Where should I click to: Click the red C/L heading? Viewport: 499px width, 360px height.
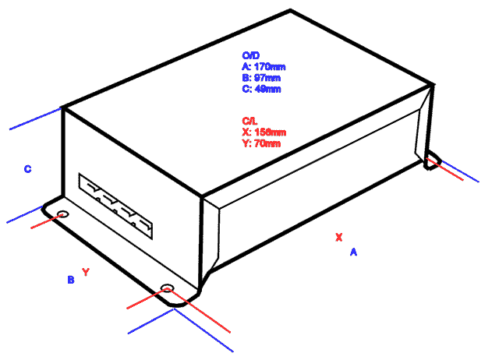pos(249,121)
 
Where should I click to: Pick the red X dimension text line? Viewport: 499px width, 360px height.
pos(264,132)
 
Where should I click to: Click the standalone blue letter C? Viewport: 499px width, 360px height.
pos(27,168)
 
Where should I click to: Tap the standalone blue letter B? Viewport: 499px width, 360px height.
pos(70,279)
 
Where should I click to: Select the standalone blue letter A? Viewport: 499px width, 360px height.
pos(352,252)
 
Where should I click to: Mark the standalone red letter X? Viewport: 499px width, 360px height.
pos(338,237)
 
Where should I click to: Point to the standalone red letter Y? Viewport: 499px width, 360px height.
pos(86,272)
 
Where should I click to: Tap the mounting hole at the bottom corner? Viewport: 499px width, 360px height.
pos(166,289)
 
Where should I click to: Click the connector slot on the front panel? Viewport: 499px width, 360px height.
pos(116,206)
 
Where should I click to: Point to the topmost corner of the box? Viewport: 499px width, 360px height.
pos(291,10)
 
